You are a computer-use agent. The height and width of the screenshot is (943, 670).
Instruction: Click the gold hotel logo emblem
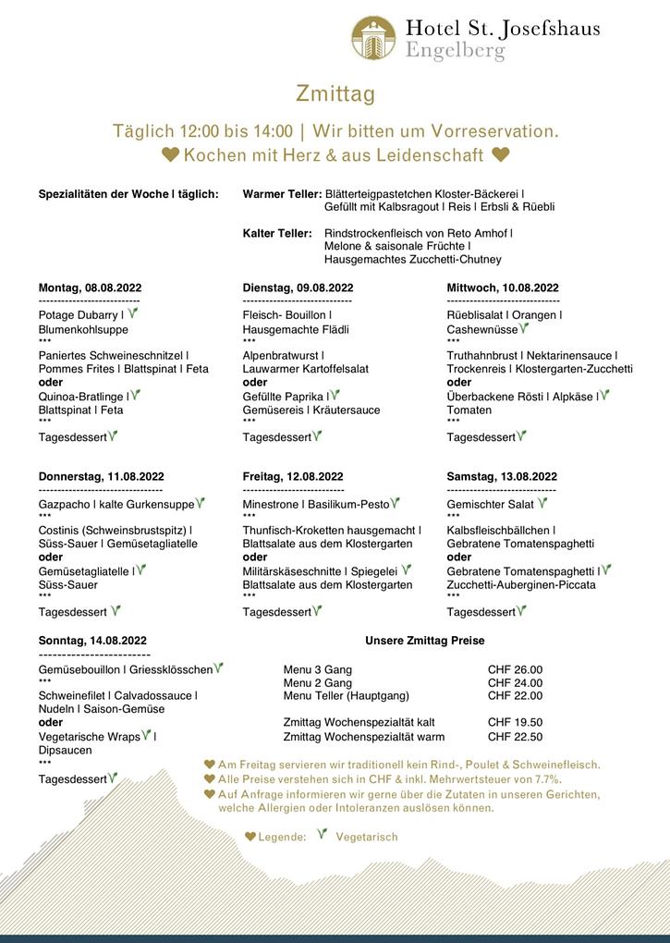(373, 38)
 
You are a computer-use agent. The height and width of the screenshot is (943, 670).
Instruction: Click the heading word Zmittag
(335, 93)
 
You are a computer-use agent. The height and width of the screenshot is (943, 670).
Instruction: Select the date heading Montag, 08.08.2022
(90, 288)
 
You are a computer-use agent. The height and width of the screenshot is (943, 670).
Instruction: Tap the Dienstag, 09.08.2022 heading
(298, 288)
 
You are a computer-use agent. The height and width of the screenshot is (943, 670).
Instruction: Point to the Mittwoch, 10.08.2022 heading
(503, 288)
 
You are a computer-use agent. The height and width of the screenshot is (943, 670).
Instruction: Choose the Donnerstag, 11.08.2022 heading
(101, 477)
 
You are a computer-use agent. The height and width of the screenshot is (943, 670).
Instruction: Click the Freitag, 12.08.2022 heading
(293, 477)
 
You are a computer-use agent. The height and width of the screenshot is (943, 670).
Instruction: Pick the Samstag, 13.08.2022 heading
(502, 477)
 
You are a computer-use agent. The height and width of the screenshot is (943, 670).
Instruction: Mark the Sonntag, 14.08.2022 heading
(92, 640)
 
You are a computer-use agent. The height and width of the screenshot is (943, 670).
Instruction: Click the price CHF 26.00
(515, 669)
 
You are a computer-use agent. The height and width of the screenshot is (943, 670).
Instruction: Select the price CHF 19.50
(515, 722)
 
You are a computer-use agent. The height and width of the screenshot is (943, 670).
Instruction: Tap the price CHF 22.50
(515, 737)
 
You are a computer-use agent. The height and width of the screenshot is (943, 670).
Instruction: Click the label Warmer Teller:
(282, 194)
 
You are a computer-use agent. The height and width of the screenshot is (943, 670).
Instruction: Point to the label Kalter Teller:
(277, 234)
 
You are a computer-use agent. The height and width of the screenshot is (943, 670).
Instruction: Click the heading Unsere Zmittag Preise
(425, 640)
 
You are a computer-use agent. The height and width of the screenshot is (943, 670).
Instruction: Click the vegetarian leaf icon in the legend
(322, 834)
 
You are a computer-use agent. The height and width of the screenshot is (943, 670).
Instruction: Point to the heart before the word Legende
(250, 837)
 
